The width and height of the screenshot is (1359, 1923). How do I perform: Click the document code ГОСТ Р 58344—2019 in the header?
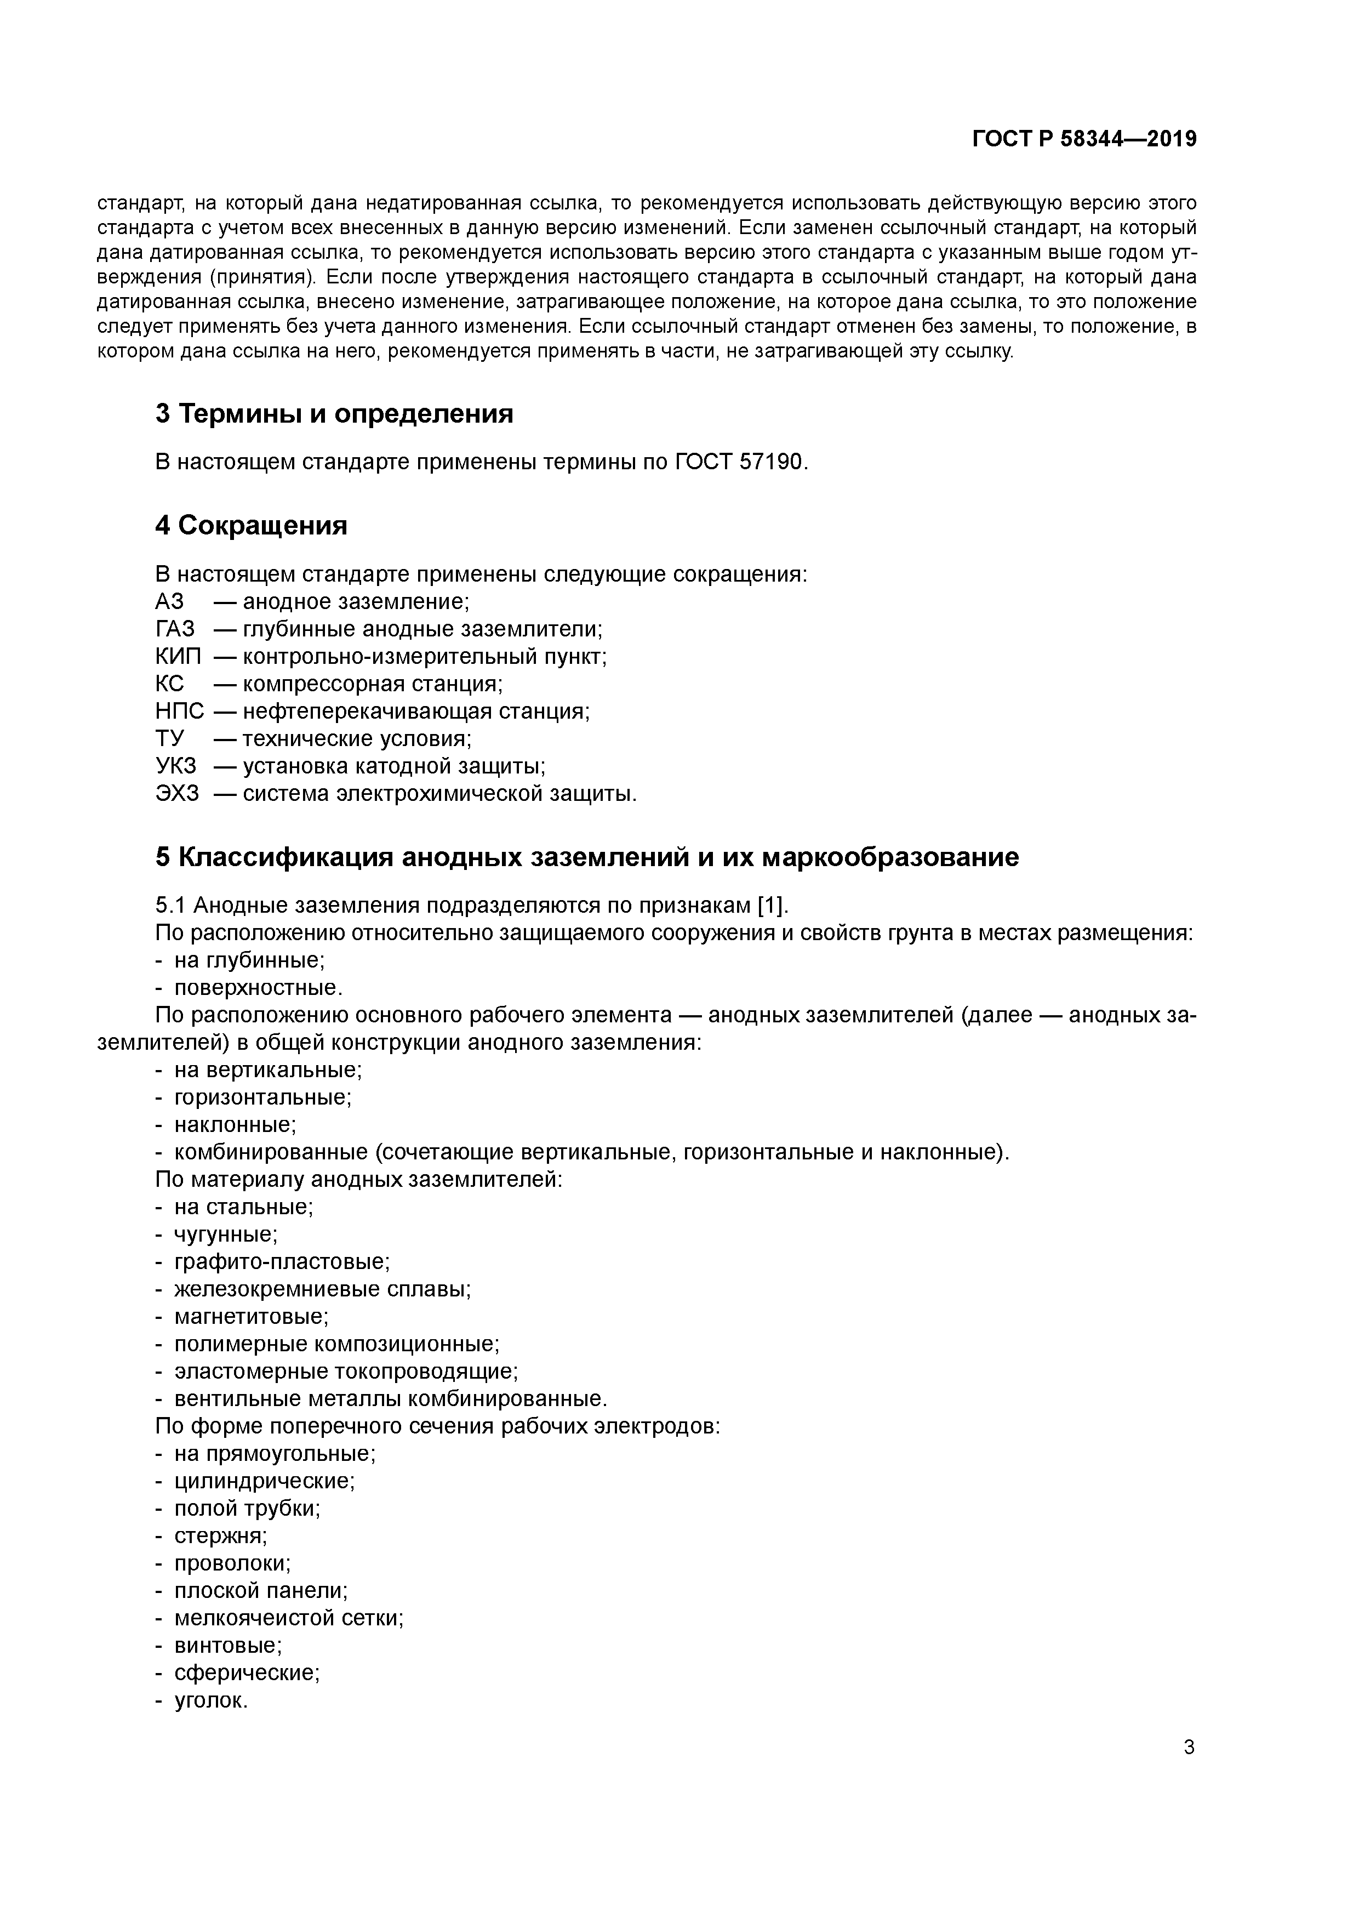(1084, 139)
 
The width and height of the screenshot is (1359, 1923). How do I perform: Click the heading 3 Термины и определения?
(334, 414)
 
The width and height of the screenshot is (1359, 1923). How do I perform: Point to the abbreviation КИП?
(178, 657)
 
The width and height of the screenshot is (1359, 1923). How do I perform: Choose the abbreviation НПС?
(179, 712)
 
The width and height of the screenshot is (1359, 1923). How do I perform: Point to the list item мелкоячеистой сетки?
(288, 1619)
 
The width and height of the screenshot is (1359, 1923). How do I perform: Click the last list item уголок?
(210, 1701)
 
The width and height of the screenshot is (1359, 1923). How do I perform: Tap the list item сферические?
(246, 1674)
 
